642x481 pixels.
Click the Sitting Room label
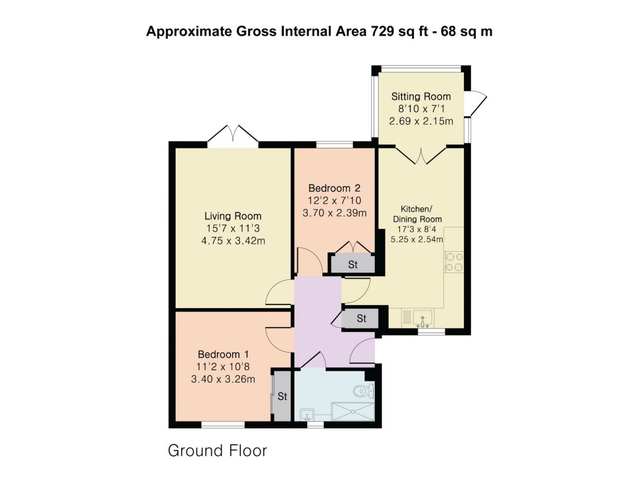pos(421,96)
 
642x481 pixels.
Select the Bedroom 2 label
pos(334,188)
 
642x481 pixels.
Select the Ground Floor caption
pos(217,450)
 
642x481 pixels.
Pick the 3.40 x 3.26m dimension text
pos(223,378)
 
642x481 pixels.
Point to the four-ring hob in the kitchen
pos(454,262)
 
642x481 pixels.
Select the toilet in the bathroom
pos(363,392)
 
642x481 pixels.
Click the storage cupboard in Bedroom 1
pos(282,396)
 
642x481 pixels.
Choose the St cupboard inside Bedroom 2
pos(352,264)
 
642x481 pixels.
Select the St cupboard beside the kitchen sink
pos(361,319)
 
